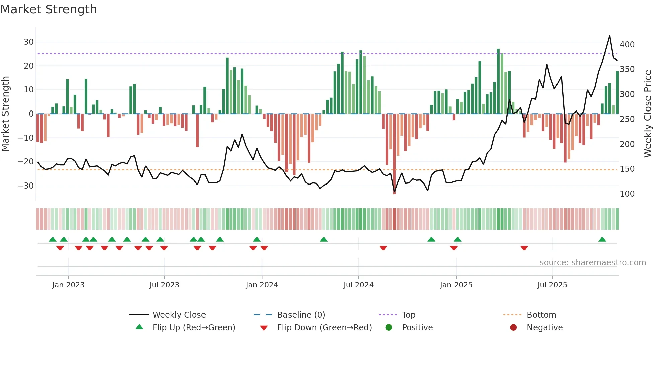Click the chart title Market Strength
[x=49, y=9]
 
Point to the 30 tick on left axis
[x=29, y=42]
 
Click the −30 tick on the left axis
[x=26, y=186]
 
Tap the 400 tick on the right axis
[x=627, y=45]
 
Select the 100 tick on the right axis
[x=627, y=194]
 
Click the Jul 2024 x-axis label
[x=358, y=285]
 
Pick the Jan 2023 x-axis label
[x=68, y=285]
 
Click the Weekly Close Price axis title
[x=648, y=114]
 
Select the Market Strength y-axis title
[x=6, y=114]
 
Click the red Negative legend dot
[x=513, y=328]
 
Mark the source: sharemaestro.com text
[x=592, y=263]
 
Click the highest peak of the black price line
[x=609, y=36]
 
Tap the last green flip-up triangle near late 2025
[x=602, y=240]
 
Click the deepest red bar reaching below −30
[x=394, y=154]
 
